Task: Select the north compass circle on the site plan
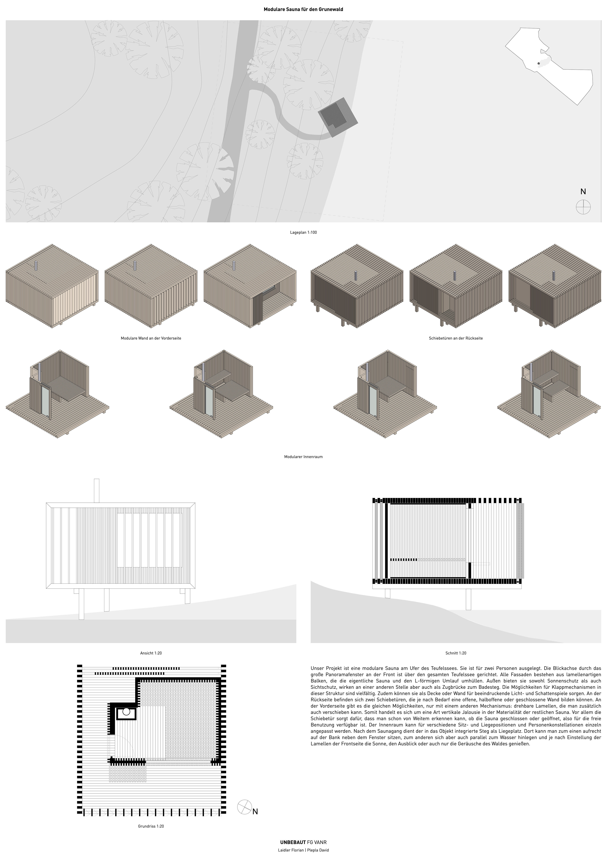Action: coord(583,207)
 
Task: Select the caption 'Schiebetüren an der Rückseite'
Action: coord(456,338)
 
